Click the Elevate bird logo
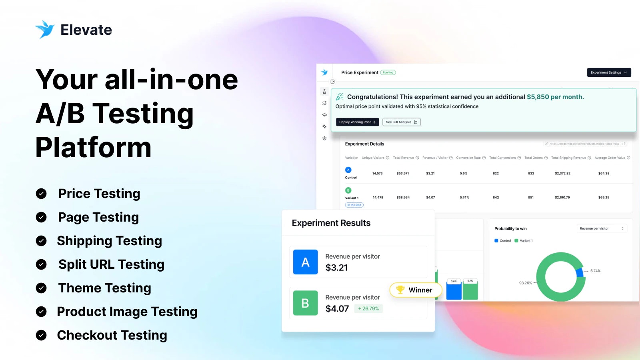tap(44, 29)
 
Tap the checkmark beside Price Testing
tap(41, 194)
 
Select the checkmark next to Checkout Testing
tap(41, 335)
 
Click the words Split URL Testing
tap(111, 264)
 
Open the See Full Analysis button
tap(401, 122)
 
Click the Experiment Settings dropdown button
tap(609, 72)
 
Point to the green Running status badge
tap(388, 72)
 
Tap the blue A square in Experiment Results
tap(305, 262)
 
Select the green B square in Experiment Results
tap(305, 303)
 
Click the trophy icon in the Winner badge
tap(400, 289)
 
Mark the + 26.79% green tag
tap(368, 308)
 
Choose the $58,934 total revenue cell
tap(403, 198)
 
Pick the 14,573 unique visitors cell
tap(377, 174)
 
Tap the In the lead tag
tap(354, 205)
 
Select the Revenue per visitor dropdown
tap(601, 228)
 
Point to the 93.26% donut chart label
tap(525, 283)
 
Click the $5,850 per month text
tap(555, 97)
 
